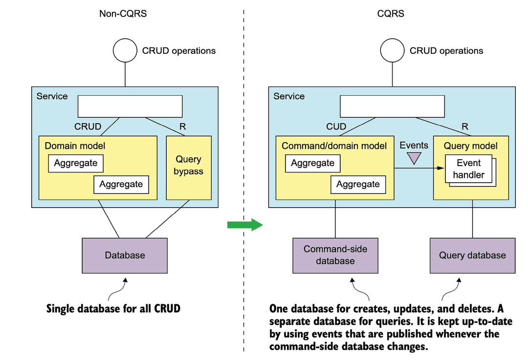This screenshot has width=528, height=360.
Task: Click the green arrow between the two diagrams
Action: pos(245,225)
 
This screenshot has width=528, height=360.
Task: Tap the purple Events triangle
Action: pos(414,158)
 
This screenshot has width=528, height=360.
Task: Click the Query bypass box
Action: pos(189,168)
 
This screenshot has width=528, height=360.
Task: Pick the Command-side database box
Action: pos(335,255)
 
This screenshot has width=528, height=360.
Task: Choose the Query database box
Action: pos(472,255)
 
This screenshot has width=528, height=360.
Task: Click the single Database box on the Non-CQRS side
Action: pos(125,255)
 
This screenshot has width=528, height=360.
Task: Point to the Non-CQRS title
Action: pos(123,14)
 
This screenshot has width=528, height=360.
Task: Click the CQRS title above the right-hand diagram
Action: pos(391,14)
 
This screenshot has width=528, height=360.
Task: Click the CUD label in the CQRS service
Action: pos(336,127)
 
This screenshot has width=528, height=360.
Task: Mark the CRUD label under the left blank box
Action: pos(88,127)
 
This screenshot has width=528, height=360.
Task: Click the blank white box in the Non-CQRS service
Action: pos(130,106)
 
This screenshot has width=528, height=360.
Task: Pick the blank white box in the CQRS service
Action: pos(392,106)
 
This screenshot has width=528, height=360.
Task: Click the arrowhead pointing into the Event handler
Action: pos(441,168)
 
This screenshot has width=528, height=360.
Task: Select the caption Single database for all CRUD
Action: pos(113,309)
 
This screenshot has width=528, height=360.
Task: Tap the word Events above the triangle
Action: pos(414,146)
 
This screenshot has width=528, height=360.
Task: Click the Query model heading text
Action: pos(470,146)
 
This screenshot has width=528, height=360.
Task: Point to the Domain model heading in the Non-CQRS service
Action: pos(75,146)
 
